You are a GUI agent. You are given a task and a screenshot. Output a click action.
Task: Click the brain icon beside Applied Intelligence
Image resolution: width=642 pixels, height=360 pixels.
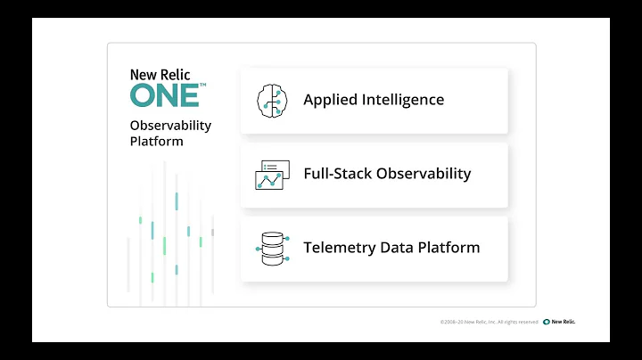pos(270,100)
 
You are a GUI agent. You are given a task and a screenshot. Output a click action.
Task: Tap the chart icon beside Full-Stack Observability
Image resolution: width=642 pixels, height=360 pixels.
pos(270,174)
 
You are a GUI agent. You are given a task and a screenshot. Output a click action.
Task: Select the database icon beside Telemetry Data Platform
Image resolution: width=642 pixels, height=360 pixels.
pos(270,248)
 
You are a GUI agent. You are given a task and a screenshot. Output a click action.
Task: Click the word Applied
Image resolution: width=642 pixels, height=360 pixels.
pos(329,100)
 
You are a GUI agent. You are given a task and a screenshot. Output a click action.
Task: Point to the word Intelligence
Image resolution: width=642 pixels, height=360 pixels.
pos(402,100)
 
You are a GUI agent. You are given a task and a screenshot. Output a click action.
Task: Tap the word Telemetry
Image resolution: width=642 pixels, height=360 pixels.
pos(338,248)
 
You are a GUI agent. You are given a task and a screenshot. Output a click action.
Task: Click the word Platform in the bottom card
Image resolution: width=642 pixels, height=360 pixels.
pos(449,248)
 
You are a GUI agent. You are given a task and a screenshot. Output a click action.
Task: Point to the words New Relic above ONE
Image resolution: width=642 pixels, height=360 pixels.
pos(160,75)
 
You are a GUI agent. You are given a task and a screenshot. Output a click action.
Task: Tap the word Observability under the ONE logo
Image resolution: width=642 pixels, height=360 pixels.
pos(170,126)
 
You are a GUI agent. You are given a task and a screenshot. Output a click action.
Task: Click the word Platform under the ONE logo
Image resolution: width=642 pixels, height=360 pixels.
pos(156,142)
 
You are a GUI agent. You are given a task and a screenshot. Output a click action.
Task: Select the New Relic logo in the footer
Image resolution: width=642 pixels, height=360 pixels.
pos(559,322)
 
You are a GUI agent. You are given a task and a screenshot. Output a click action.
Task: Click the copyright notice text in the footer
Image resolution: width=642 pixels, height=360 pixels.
pos(489,322)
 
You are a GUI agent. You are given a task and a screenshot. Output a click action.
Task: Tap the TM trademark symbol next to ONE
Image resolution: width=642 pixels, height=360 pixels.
pos(202,86)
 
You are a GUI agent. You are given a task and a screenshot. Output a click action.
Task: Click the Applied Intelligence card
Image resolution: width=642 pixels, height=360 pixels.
pos(374,100)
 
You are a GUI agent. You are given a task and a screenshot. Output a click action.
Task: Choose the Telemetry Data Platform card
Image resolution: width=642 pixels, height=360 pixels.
pos(374,248)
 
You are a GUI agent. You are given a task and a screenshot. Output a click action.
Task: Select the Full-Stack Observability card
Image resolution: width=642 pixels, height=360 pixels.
pos(374,174)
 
